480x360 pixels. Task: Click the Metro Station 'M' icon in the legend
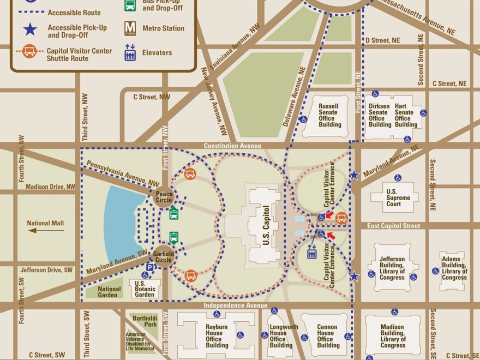pos(130,28)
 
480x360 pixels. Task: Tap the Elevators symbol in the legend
pos(130,52)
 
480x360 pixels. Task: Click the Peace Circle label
pos(164,197)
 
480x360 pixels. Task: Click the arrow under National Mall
pos(46,230)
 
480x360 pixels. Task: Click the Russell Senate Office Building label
pos(329,115)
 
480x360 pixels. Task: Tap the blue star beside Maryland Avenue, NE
pos(354,175)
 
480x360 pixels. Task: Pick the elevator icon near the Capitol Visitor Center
pos(313,252)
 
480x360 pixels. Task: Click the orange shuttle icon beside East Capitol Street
pos(341,219)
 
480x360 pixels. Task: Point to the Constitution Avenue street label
pos(232,146)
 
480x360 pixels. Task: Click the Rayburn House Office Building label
pos(217,335)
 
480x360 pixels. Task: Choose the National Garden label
pos(109,292)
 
